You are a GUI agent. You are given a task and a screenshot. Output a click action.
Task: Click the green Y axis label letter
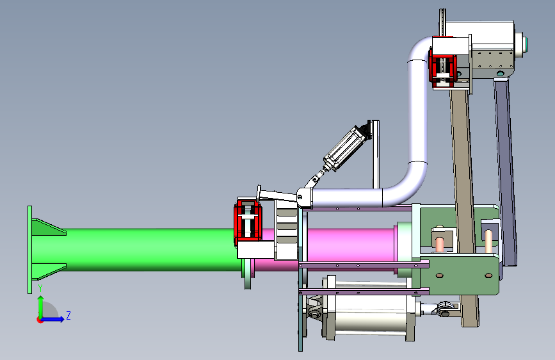point(40,288)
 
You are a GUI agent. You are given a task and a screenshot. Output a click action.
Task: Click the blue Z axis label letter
point(68,315)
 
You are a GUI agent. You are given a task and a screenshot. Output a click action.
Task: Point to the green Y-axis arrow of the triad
point(41,307)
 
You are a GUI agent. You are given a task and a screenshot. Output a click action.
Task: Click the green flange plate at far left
point(29,249)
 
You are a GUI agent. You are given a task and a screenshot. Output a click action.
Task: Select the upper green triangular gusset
point(49,227)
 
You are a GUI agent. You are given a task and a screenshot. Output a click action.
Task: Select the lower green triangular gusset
point(49,272)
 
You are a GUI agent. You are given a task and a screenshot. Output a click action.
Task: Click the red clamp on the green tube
point(248,222)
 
